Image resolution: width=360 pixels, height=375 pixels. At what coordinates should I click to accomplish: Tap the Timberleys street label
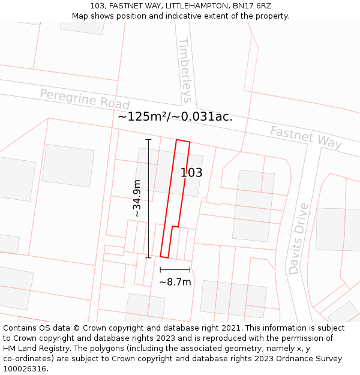(185, 70)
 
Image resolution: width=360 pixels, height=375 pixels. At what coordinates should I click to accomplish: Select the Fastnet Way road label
(306, 137)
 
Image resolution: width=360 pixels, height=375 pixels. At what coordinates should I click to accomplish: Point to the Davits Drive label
(298, 238)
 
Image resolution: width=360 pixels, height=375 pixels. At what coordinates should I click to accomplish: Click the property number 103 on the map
(191, 173)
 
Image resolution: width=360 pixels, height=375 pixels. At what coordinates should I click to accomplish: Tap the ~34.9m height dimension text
(137, 198)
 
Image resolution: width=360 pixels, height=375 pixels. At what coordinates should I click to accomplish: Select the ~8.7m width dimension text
(175, 282)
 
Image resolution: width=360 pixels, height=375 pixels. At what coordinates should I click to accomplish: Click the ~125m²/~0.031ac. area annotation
(175, 117)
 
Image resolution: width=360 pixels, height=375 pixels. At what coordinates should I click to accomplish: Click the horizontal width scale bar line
(175, 269)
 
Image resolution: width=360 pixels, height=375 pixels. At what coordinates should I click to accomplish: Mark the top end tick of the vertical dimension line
(148, 139)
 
